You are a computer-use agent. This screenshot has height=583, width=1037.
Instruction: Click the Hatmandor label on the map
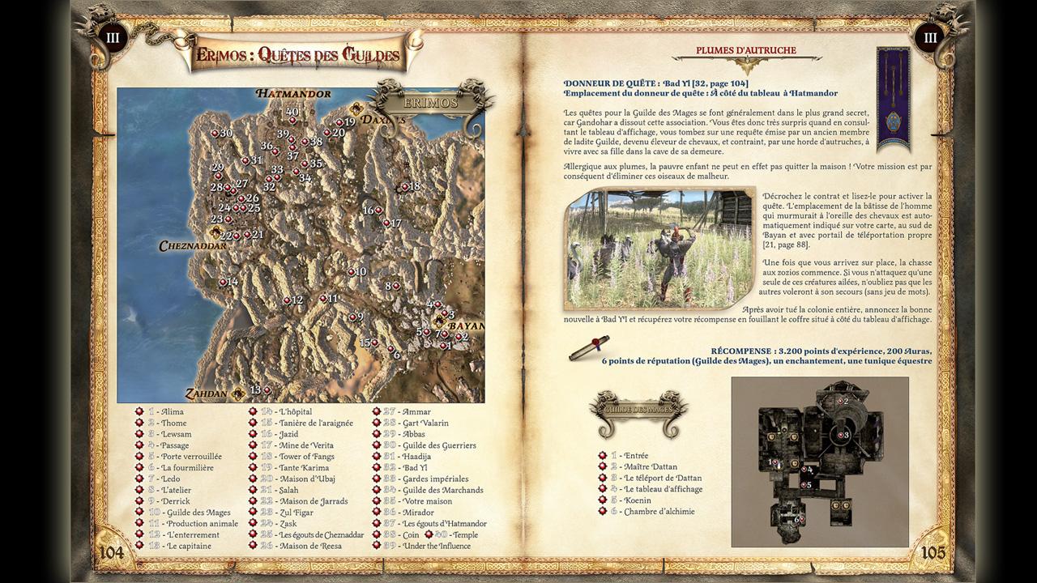[x=293, y=94]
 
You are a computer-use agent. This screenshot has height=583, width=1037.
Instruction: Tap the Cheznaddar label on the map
[x=193, y=245]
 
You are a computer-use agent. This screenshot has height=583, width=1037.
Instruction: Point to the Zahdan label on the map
[x=206, y=394]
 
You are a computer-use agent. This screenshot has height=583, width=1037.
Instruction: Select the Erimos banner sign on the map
[x=430, y=103]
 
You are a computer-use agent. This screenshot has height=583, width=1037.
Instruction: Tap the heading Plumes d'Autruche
[x=745, y=50]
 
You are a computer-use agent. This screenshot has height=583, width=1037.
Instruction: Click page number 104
[x=112, y=552]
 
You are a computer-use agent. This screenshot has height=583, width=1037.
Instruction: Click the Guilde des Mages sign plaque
[x=638, y=410]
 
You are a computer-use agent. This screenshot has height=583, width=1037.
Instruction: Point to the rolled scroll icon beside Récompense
[x=589, y=347]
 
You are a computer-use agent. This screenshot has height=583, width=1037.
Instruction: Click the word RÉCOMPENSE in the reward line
[x=740, y=351]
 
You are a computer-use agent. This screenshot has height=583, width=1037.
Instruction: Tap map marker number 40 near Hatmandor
[x=292, y=112]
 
